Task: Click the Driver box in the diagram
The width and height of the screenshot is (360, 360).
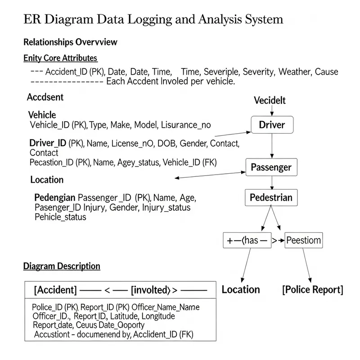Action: [272, 125]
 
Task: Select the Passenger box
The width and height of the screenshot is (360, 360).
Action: [271, 167]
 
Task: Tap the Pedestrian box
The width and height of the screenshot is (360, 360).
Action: [271, 197]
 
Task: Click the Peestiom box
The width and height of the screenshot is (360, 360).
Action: [304, 240]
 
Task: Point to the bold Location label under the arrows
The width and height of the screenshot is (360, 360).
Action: [241, 289]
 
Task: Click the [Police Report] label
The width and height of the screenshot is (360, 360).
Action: [312, 289]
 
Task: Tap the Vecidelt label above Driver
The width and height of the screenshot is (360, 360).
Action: [270, 100]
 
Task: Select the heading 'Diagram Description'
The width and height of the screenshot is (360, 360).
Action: [62, 266]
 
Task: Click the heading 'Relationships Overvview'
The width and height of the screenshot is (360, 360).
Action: [70, 42]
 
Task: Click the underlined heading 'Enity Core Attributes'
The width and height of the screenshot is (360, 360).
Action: [60, 58]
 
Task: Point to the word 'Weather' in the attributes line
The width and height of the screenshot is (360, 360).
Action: [295, 72]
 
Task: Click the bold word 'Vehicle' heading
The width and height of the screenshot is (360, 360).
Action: [42, 115]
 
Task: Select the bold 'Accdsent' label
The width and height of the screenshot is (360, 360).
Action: [45, 97]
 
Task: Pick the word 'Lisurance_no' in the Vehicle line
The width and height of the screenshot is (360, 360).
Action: [185, 125]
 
